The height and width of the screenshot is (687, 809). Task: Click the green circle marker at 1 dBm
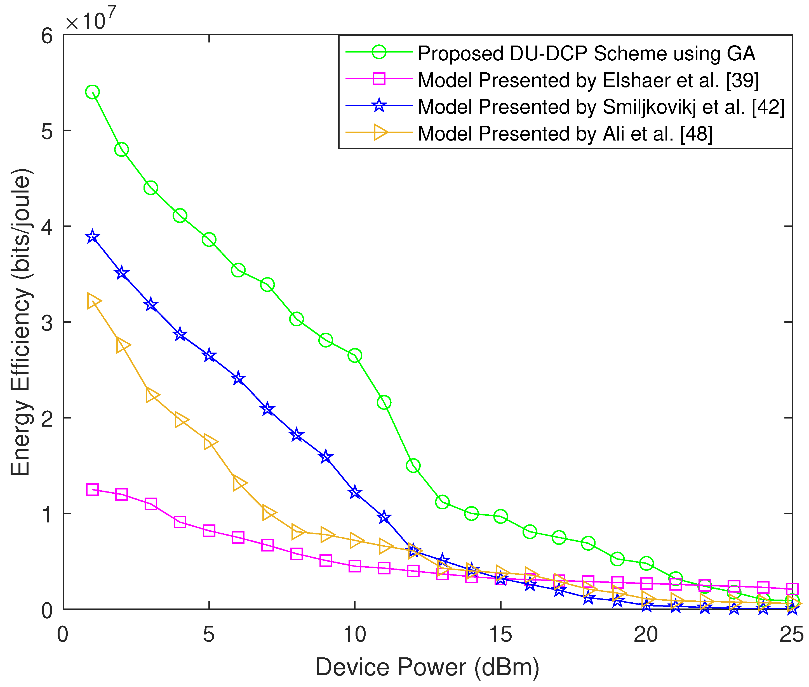click(x=92, y=92)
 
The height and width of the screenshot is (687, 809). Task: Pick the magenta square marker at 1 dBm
click(x=92, y=489)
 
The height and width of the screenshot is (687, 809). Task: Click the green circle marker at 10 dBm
click(x=355, y=356)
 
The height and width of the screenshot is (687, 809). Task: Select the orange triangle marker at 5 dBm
click(x=210, y=442)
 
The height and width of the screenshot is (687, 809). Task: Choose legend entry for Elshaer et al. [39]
click(x=588, y=80)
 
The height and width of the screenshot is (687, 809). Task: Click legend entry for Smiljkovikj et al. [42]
click(x=600, y=107)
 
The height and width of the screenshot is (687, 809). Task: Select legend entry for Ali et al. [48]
click(x=565, y=134)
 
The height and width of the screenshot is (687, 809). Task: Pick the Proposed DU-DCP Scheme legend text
click(x=586, y=53)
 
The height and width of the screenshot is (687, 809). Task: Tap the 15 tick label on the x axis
click(x=500, y=635)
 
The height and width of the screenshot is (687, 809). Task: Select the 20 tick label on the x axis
click(x=646, y=635)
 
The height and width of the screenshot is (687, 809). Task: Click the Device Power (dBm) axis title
click(x=427, y=667)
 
